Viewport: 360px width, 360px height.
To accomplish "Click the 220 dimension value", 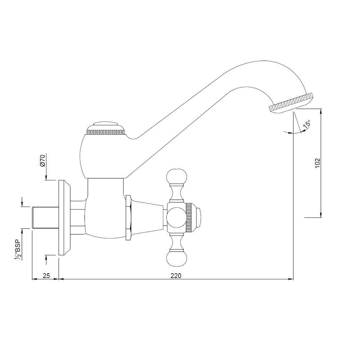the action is coord(176,275).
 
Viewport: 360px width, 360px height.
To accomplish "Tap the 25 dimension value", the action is coord(46,275).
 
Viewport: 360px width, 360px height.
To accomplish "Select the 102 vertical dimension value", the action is coord(317,163).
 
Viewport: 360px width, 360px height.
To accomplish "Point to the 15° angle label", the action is coord(307,124).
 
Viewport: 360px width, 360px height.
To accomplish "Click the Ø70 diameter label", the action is coord(42,161).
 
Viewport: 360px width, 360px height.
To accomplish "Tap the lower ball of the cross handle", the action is coord(176,259).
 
